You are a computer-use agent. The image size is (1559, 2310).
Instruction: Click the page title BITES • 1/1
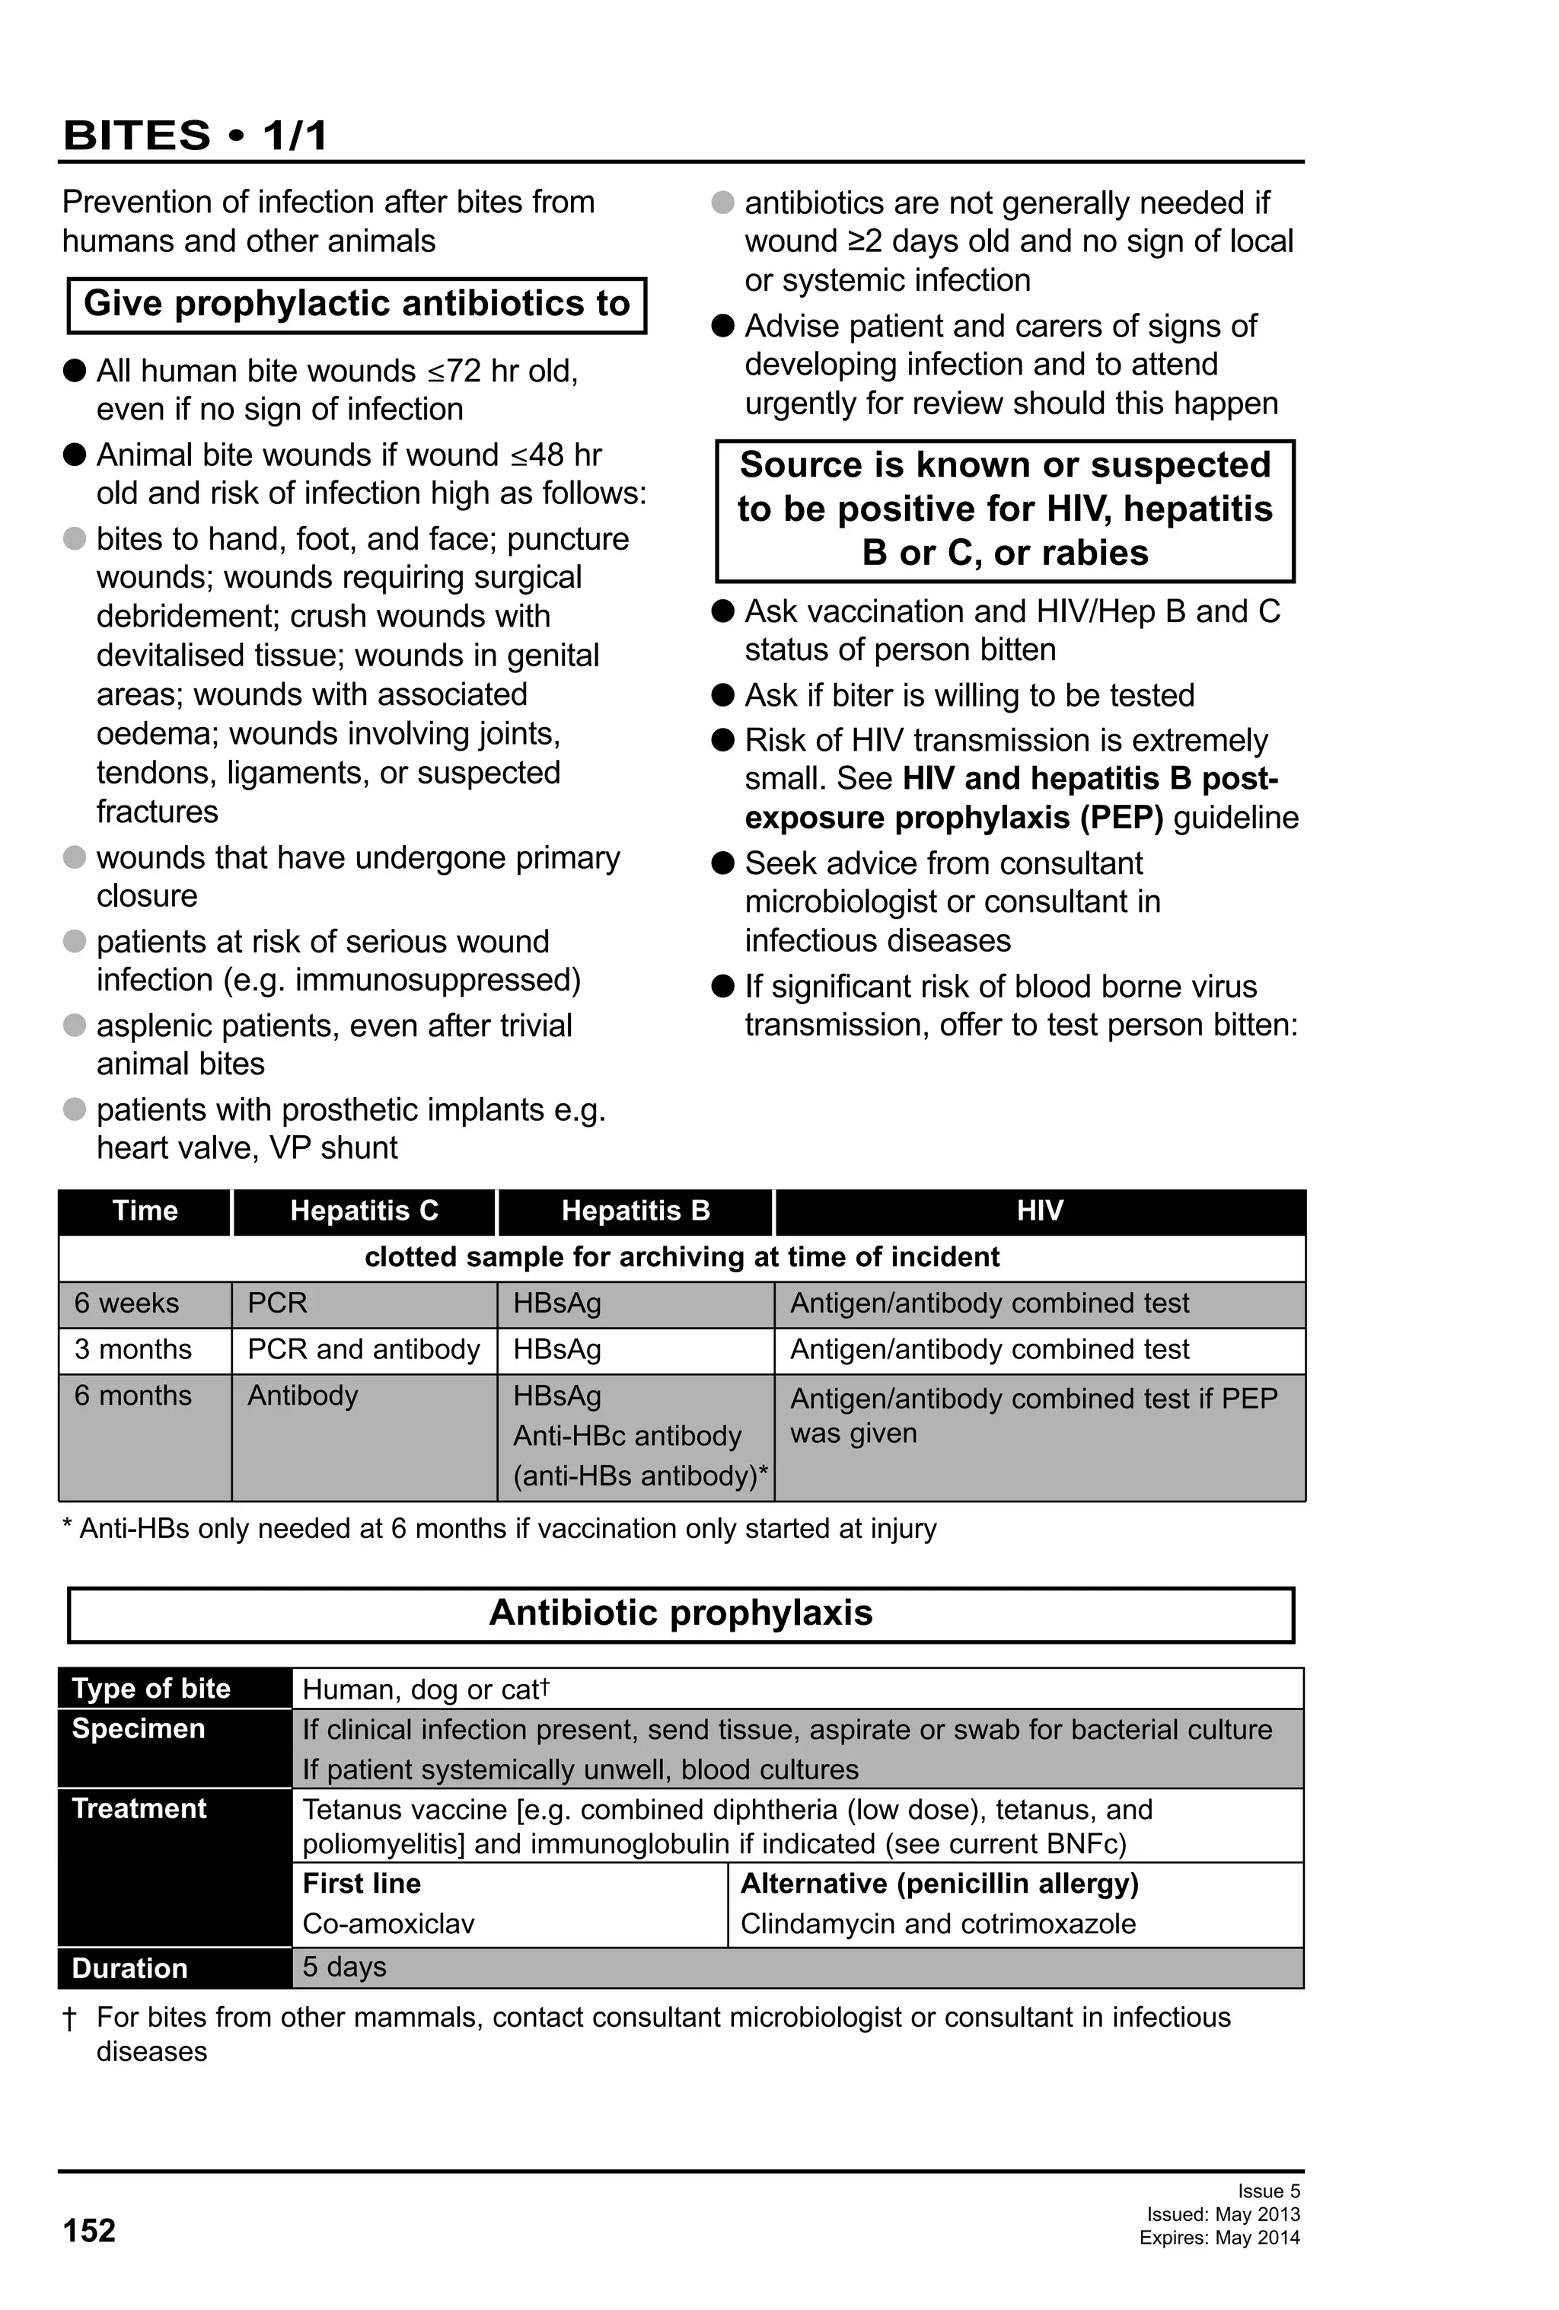pos(195,136)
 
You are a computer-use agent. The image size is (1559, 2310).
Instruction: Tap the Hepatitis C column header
pos(364,1211)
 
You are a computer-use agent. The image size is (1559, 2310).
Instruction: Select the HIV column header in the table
pos(1039,1211)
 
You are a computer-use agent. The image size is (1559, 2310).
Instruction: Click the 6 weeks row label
pos(127,1303)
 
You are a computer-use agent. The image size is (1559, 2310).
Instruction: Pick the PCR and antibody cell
pos(364,1350)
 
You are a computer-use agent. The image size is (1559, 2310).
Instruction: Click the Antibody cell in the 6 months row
pos(302,1396)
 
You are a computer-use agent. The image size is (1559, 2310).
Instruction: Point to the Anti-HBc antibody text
pos(627,1436)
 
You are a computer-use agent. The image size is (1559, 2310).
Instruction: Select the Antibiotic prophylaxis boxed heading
pos(681,1613)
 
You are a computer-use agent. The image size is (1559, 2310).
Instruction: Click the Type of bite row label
pos(151,1689)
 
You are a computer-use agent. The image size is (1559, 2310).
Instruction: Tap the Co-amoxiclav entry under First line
pos(388,1923)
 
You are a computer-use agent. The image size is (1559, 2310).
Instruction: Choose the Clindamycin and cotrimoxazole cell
pos(937,1923)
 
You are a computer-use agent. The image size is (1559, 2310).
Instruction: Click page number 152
pos(89,2231)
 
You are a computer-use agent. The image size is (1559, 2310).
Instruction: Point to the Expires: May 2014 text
pos(1219,2238)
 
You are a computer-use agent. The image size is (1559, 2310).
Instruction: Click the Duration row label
pos(129,1968)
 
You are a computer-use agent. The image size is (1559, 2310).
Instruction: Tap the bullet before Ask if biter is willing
pos(723,695)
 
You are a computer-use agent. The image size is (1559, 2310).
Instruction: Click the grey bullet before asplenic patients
pos(75,1025)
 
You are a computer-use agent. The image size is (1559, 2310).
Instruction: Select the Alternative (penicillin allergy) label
pos(939,1884)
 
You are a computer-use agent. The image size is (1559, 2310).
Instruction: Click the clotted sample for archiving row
pos(681,1257)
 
